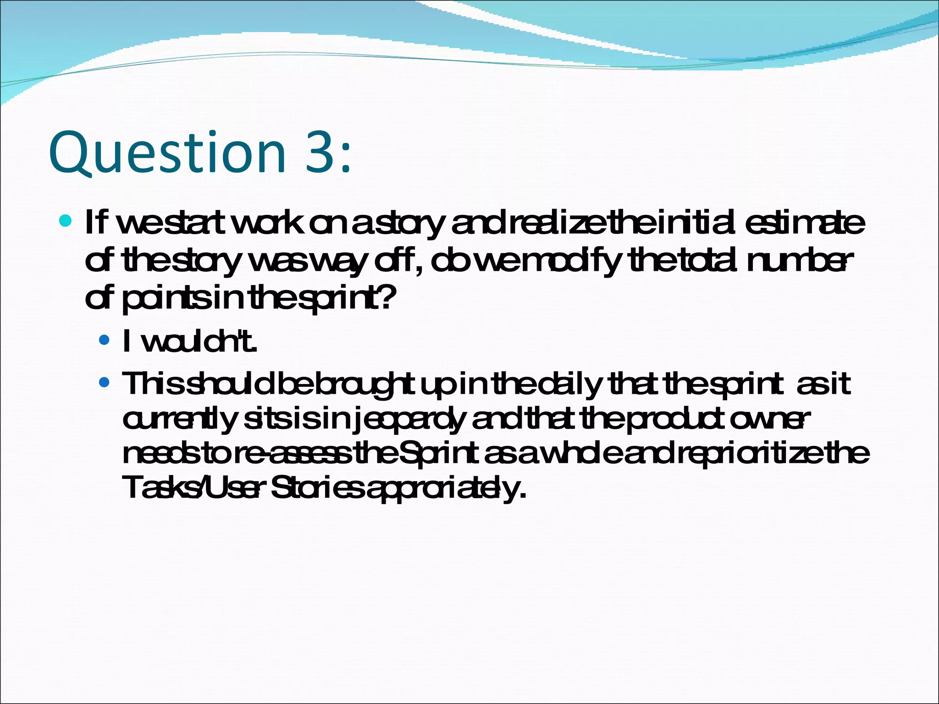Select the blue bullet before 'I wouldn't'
pyautogui.click(x=105, y=340)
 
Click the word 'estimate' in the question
pyautogui.click(x=805, y=223)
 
